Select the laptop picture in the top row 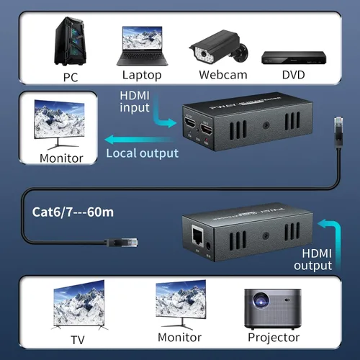pos(143,47)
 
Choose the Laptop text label pos(142,75)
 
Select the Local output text pos(142,153)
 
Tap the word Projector pos(273,337)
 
